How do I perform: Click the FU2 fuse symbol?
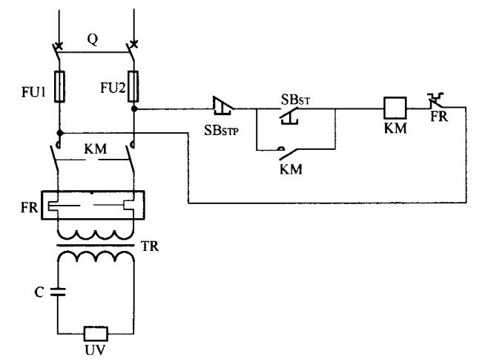[x=133, y=85]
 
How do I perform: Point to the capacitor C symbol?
[x=59, y=292]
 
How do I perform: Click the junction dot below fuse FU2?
[x=133, y=108]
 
